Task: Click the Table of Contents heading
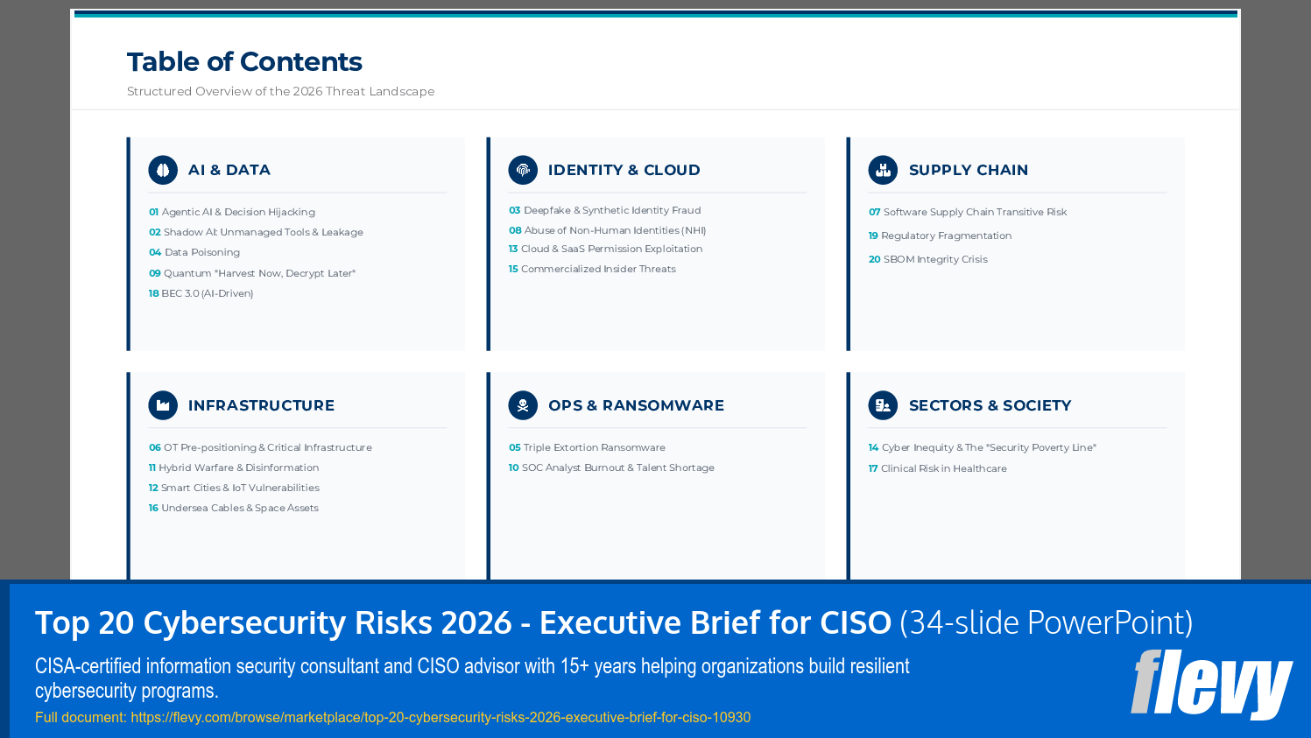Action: [244, 62]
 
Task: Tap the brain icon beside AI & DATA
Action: [163, 170]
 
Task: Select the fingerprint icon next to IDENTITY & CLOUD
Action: [523, 170]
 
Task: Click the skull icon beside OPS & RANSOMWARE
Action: [523, 405]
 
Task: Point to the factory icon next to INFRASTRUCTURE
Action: [163, 405]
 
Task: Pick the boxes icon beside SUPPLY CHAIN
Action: [883, 170]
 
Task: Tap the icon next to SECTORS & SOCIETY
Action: [883, 405]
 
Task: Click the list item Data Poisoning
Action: [201, 253]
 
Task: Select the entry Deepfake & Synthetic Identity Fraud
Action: [611, 211]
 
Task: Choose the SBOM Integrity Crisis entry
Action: [934, 260]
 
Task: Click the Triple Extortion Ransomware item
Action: [594, 448]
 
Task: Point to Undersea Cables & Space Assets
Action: [239, 509]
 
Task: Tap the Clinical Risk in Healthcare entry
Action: [943, 469]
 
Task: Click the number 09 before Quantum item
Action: [155, 274]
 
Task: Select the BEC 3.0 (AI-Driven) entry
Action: [207, 294]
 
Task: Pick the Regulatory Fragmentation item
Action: [946, 236]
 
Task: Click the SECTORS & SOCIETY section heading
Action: [990, 405]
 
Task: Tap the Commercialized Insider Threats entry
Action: [598, 270]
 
